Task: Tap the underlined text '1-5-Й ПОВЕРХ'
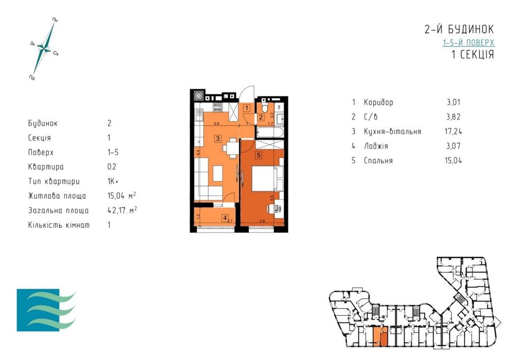coord(468,43)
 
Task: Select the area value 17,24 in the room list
coord(452,131)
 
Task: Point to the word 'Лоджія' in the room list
coord(376,146)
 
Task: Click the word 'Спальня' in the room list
coord(379,161)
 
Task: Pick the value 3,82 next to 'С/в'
coord(452,117)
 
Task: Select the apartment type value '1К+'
coord(113,181)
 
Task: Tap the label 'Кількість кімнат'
coord(59,225)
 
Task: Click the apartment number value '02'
coord(112,167)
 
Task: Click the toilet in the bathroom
coord(264,108)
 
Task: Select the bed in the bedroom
coord(264,178)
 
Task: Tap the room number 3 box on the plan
coord(217,138)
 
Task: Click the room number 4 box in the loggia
coord(225,218)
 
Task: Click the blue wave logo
coord(46,310)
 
